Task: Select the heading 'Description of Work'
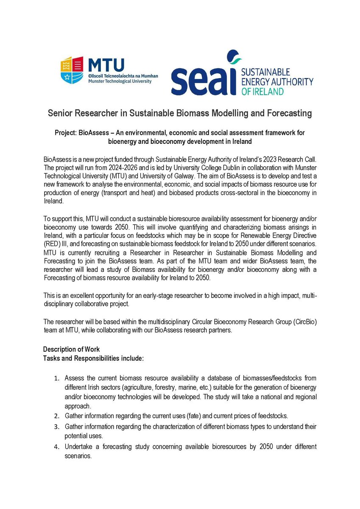tap(71, 350)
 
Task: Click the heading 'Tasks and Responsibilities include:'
tap(93, 358)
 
